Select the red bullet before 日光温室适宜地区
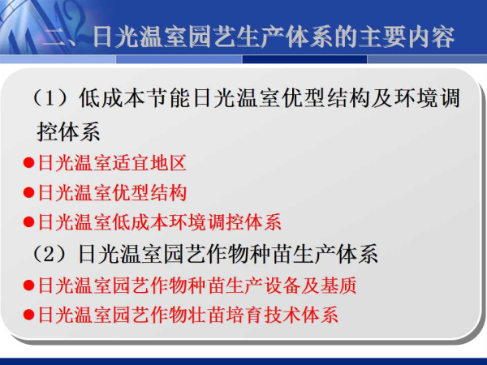click(x=28, y=163)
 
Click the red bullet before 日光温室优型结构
click(x=28, y=192)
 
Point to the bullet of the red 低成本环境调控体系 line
click(x=28, y=222)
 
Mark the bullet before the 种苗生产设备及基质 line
click(x=28, y=286)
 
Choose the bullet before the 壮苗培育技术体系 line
click(x=28, y=315)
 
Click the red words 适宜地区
click(x=149, y=163)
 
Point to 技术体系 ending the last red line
click(x=300, y=315)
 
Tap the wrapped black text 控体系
click(x=68, y=131)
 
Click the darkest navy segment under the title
click(x=304, y=59)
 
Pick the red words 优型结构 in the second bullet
click(x=149, y=192)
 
